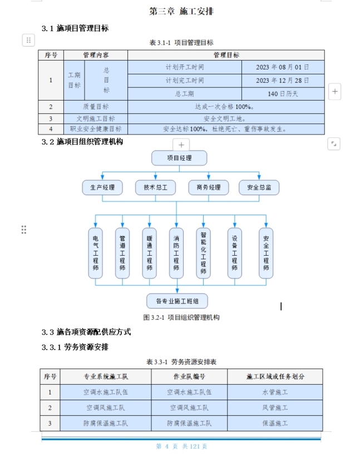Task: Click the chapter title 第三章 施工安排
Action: click(x=181, y=11)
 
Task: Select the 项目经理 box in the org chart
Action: click(x=179, y=158)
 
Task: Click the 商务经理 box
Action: click(x=208, y=187)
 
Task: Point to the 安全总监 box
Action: click(x=259, y=187)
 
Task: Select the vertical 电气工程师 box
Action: click(x=95, y=252)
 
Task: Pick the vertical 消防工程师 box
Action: click(x=176, y=252)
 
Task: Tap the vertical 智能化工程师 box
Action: click(x=203, y=252)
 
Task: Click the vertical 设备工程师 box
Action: click(x=234, y=252)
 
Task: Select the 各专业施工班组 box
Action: click(x=177, y=301)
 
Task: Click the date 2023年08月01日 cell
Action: click(x=282, y=67)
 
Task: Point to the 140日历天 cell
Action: click(x=282, y=93)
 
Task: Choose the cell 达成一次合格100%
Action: click(x=225, y=106)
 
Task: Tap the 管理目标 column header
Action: click(x=225, y=55)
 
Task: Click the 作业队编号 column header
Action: click(x=189, y=376)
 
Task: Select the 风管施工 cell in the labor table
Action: click(x=275, y=407)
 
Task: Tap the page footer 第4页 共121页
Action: click(x=181, y=446)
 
